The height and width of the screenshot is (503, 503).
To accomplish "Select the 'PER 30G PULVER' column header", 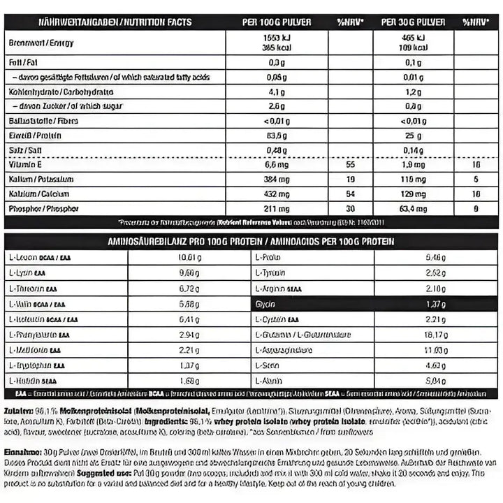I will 413,22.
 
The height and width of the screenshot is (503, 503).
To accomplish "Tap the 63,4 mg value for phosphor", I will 413,208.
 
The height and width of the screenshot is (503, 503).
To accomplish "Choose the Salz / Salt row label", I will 24,150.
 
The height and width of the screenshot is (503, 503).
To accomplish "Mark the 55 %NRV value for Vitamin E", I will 351,165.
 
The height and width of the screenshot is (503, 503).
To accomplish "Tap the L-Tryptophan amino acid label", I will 38,365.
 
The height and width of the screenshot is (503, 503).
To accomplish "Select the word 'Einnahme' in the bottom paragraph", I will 21,451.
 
